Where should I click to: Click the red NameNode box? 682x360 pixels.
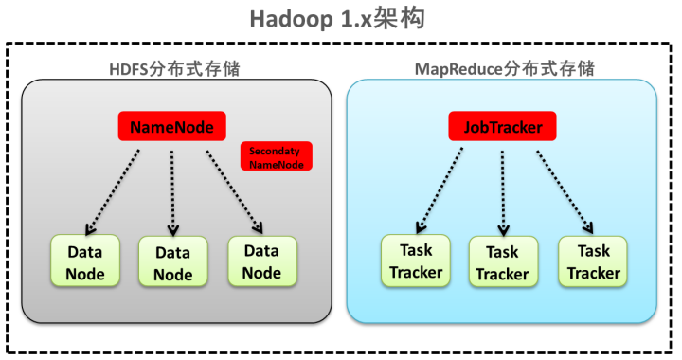[172, 126]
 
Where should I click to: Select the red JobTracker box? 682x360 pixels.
[502, 126]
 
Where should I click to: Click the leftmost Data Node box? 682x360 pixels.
[84, 262]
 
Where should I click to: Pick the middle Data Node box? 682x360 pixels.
[172, 263]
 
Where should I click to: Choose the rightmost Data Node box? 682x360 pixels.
[261, 261]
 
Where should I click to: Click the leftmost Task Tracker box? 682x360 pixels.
[415, 261]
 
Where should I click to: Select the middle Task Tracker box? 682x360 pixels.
[502, 263]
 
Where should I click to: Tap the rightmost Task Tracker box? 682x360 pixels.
[593, 261]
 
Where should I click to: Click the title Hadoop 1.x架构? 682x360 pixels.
[340, 19]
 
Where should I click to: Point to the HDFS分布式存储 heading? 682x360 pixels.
[176, 69]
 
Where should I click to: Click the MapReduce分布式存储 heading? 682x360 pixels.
[502, 69]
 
